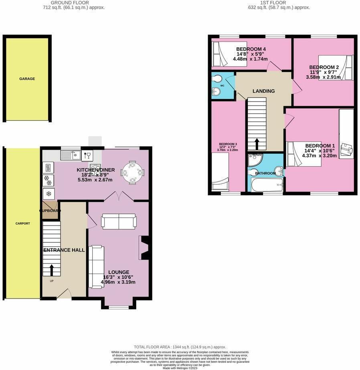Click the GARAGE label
click(27, 79)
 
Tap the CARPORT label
click(23, 224)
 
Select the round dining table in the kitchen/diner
click(132, 173)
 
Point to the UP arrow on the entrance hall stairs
click(52, 269)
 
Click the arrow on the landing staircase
click(257, 143)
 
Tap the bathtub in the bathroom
click(267, 185)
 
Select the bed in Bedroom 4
click(220, 55)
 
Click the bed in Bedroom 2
click(336, 68)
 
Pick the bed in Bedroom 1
click(303, 154)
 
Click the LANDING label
click(263, 91)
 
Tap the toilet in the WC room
click(216, 78)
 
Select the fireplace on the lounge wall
click(144, 248)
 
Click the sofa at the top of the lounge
click(119, 222)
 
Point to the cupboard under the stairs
click(50, 211)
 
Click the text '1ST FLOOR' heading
click(273, 3)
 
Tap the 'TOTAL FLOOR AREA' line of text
click(180, 347)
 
